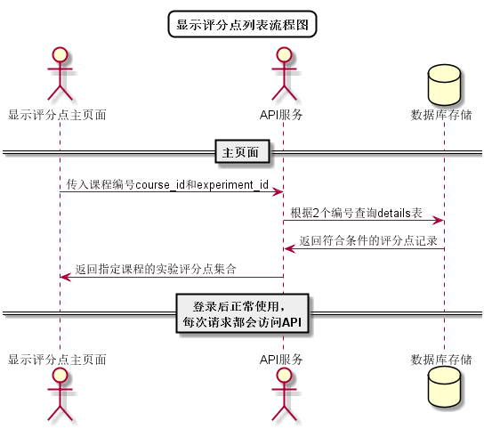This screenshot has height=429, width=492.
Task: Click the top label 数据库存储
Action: point(442,115)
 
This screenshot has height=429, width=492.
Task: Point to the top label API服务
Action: point(282,115)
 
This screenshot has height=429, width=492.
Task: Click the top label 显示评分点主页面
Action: point(59,115)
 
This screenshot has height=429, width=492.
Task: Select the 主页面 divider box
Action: point(242,152)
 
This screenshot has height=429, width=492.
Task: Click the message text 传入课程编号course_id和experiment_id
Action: point(167,184)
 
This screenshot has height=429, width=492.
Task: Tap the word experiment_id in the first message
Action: point(232,184)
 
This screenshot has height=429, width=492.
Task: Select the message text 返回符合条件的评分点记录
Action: point(368,239)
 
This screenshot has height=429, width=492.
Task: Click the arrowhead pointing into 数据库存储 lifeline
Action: point(438,220)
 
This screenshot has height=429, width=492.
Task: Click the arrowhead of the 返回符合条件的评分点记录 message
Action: point(288,247)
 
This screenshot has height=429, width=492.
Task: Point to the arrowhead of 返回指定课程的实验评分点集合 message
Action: point(65,276)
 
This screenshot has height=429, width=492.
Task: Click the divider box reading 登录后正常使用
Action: point(242,313)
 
